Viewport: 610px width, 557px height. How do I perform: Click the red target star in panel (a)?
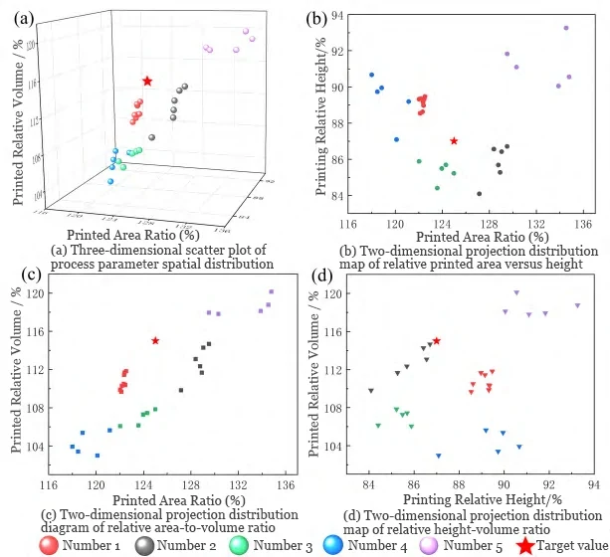click(147, 81)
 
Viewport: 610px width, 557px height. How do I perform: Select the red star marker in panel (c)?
click(155, 340)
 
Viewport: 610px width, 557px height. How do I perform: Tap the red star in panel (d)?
click(437, 340)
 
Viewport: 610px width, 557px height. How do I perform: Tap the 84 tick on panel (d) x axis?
click(369, 484)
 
